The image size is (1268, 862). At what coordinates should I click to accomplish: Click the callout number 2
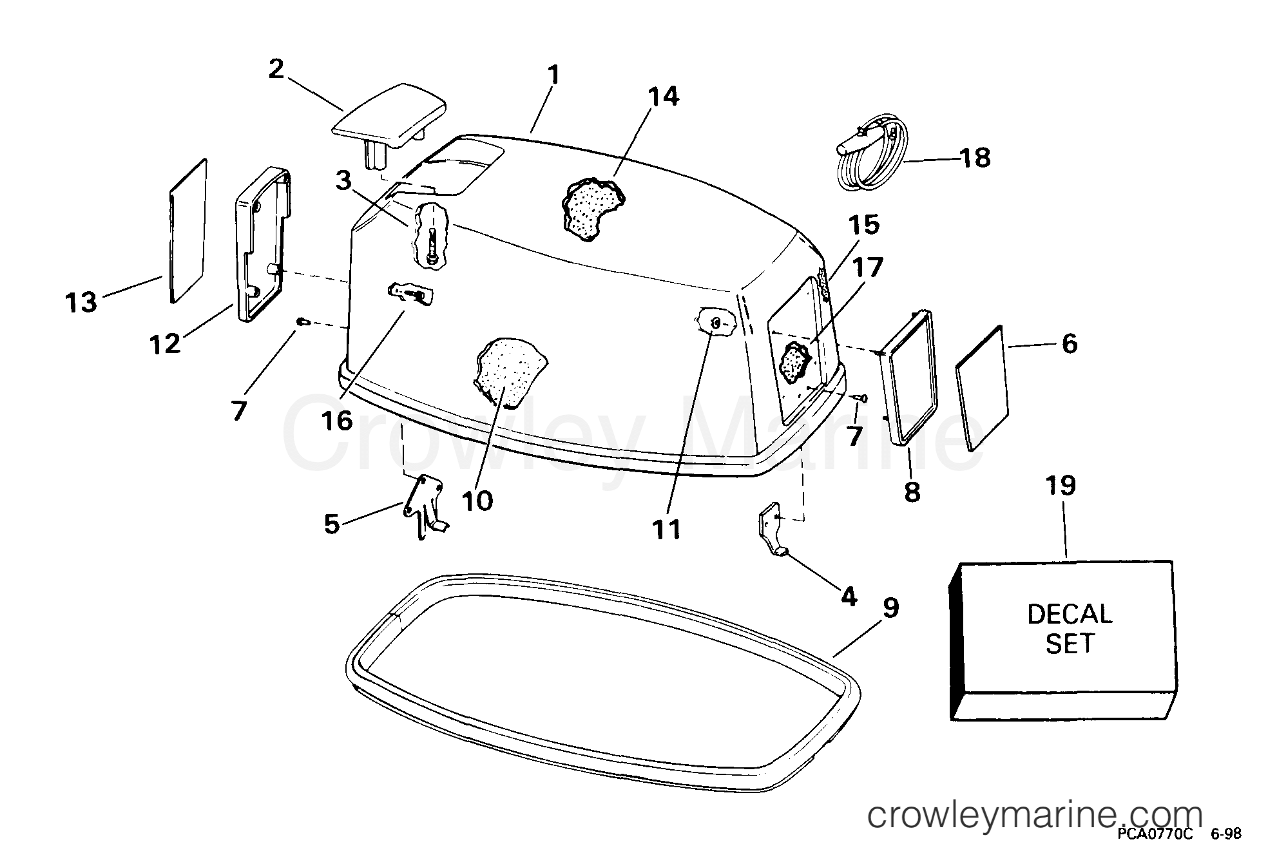pyautogui.click(x=276, y=69)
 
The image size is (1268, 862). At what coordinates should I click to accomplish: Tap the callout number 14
pyautogui.click(x=662, y=97)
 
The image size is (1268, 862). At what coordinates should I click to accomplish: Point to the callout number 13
pyautogui.click(x=81, y=302)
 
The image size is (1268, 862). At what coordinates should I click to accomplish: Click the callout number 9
pyautogui.click(x=890, y=608)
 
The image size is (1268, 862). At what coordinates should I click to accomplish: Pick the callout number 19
pyautogui.click(x=1061, y=485)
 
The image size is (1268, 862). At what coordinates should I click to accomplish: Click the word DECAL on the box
pyautogui.click(x=1070, y=614)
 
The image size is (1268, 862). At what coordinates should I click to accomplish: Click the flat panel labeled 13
pyautogui.click(x=188, y=231)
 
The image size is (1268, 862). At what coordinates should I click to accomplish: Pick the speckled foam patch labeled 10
pyautogui.click(x=510, y=372)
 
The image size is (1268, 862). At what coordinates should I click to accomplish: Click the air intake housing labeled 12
pyautogui.click(x=263, y=245)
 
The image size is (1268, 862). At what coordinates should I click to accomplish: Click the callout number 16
pyautogui.click(x=338, y=421)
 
